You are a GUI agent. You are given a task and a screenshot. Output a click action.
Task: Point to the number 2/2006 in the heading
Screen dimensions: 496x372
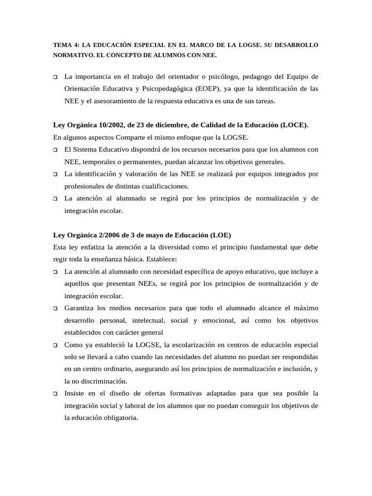pos(108,235)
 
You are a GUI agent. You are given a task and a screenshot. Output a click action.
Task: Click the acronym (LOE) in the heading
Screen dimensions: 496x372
pos(220,235)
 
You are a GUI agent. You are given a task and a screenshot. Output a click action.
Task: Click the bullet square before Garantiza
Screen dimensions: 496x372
pos(56,308)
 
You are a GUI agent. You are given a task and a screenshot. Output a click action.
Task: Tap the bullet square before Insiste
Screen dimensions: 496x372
pos(56,393)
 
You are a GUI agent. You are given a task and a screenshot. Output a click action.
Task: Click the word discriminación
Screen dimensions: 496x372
pos(100,381)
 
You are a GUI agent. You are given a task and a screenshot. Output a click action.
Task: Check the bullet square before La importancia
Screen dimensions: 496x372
pos(56,77)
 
